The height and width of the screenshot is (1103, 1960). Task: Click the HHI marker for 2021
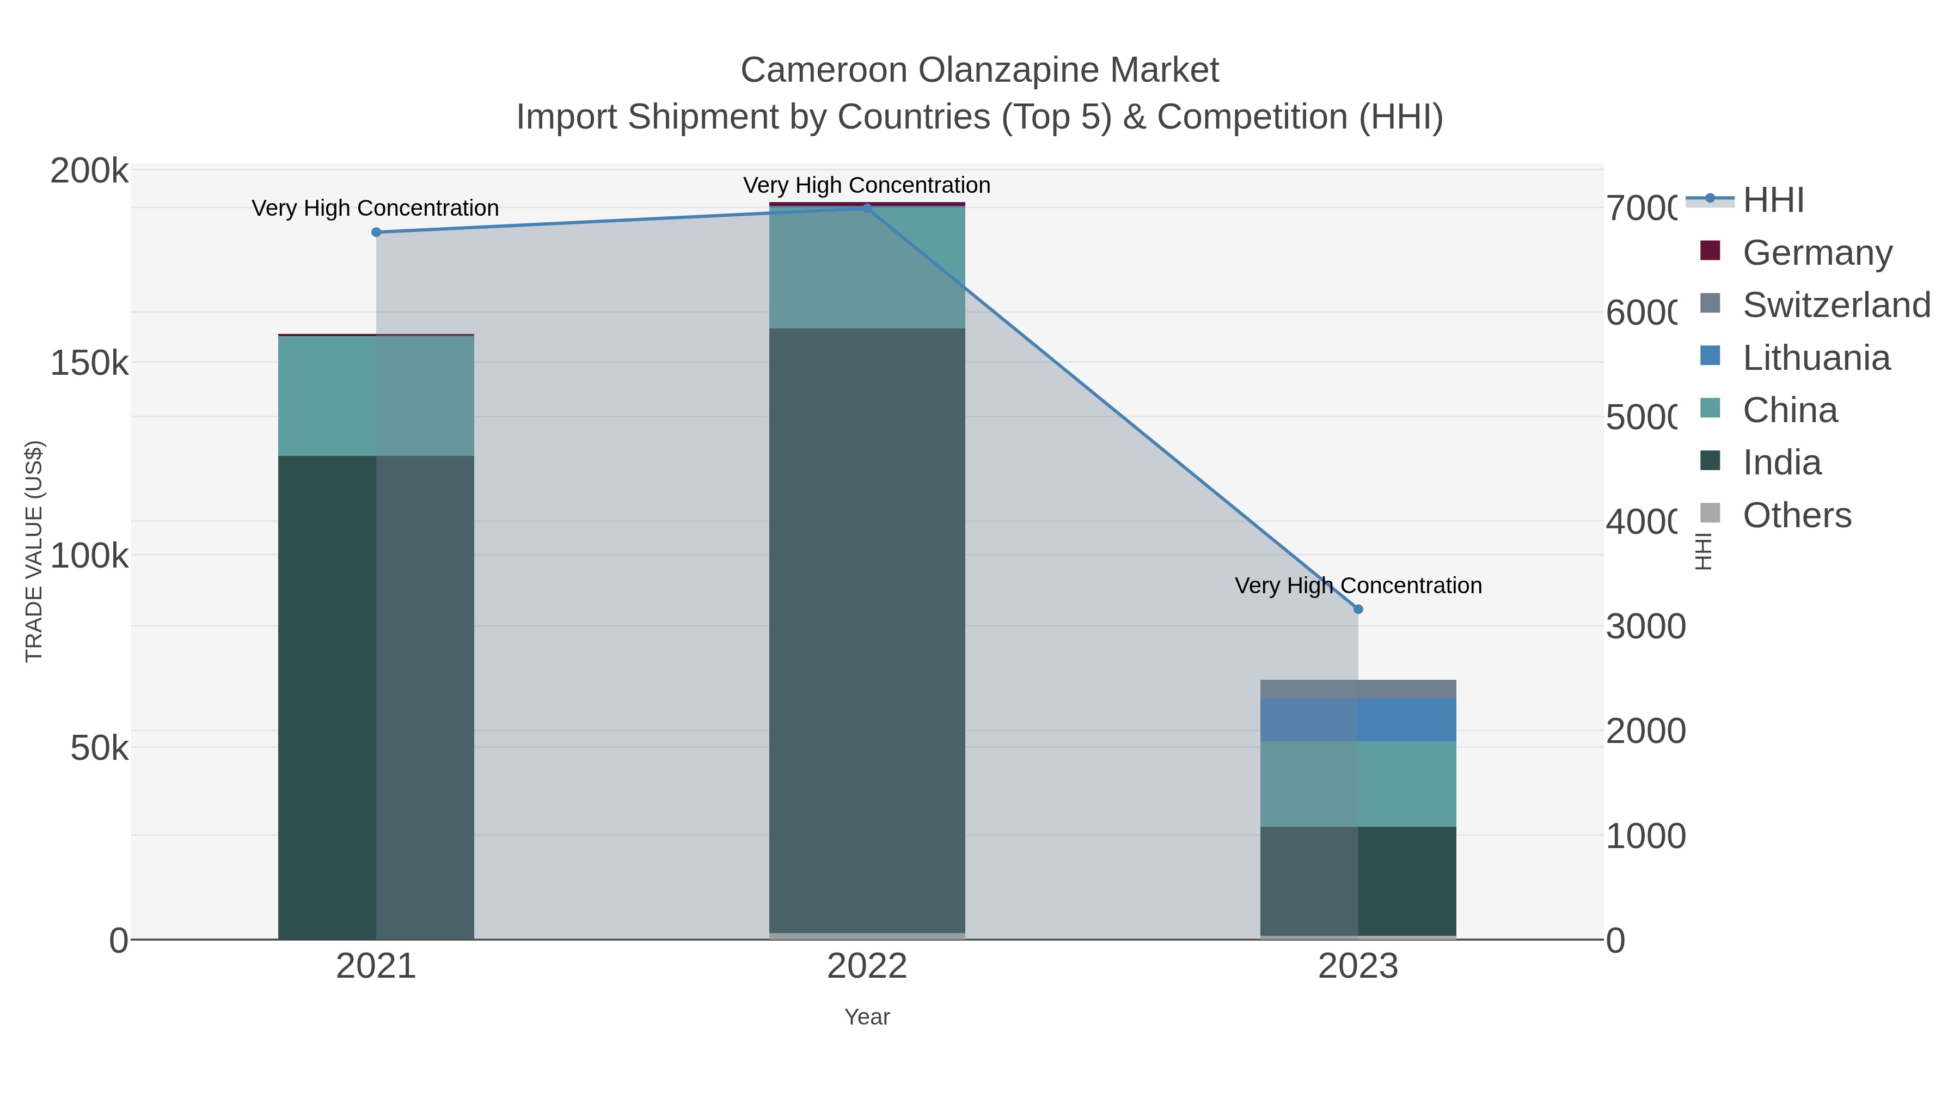[x=376, y=232]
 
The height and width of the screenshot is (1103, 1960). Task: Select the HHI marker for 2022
[x=867, y=209]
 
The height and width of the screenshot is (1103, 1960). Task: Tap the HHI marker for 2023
[x=1358, y=609]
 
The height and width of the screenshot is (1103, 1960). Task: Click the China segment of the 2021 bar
[x=376, y=396]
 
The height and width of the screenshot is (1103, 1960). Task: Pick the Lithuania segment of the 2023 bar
[x=1358, y=720]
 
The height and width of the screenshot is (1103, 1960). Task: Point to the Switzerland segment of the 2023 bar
[x=1358, y=689]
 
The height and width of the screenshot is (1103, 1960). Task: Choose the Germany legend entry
[x=1817, y=253]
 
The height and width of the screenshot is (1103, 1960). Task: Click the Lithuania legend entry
[x=1815, y=358]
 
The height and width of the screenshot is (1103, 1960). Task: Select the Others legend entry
[x=1797, y=515]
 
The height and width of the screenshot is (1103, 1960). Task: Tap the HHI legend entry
[x=1773, y=200]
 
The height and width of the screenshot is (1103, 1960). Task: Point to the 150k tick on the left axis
[x=89, y=364]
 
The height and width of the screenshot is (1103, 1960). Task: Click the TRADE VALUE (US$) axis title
[x=34, y=551]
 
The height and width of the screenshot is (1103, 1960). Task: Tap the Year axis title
[x=867, y=1017]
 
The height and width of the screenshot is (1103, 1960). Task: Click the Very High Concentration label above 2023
[x=1358, y=586]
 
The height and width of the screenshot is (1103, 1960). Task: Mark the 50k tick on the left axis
[x=99, y=749]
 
